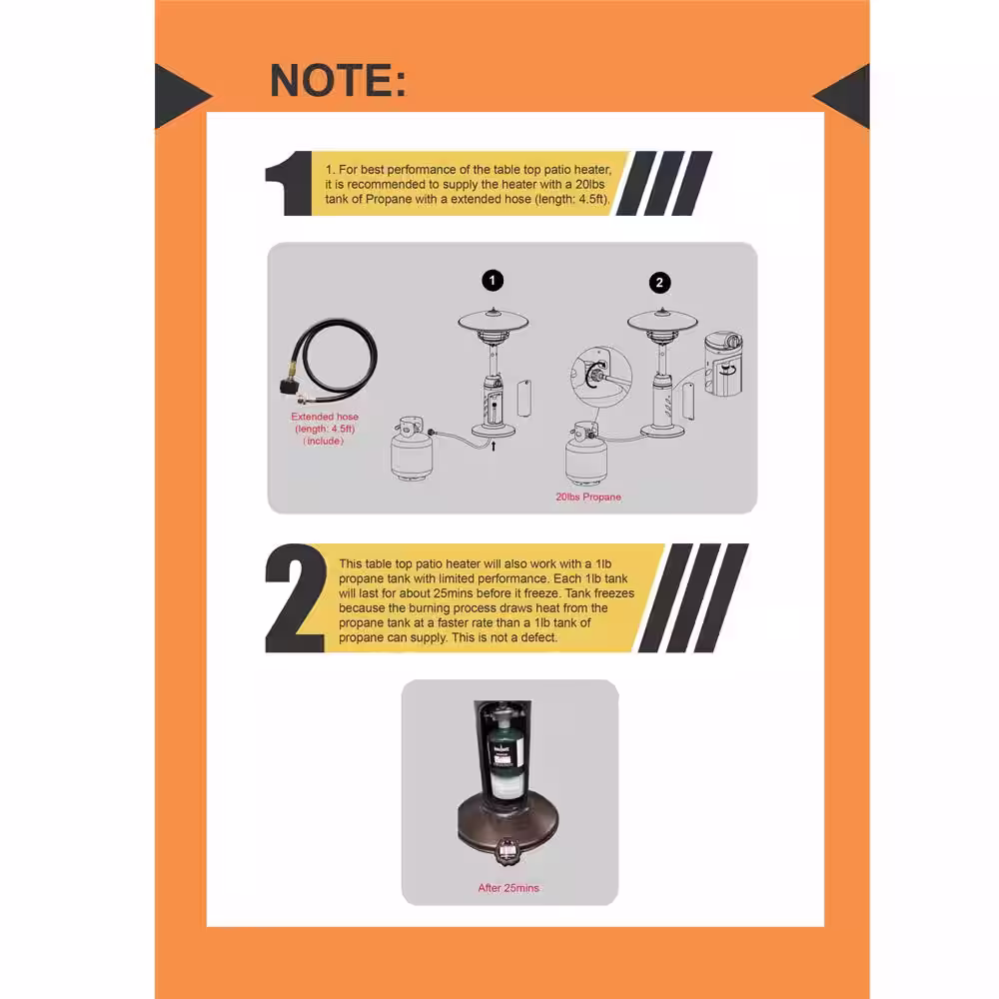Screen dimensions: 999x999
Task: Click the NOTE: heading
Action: click(x=338, y=80)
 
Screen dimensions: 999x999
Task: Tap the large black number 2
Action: click(x=295, y=598)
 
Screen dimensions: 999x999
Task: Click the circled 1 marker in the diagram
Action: click(x=493, y=281)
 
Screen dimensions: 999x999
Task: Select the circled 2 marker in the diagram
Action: click(x=660, y=283)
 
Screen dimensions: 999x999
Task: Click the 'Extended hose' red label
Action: click(x=325, y=417)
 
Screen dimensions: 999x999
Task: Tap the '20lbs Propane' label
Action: click(x=588, y=497)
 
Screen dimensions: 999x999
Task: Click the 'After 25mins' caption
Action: click(x=508, y=888)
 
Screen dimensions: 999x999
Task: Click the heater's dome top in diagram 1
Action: click(x=494, y=320)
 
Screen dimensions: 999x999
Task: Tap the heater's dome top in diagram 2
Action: click(x=662, y=320)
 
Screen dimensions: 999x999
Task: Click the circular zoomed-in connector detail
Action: click(x=601, y=376)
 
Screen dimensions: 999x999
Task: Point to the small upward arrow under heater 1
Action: click(x=494, y=445)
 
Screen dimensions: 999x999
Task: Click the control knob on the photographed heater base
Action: click(x=507, y=851)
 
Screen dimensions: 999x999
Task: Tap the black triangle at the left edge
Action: click(x=183, y=96)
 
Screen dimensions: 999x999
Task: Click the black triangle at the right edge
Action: click(x=841, y=96)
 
